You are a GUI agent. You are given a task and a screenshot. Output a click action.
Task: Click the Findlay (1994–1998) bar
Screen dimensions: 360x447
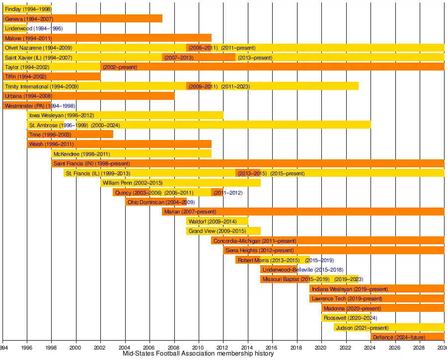(27, 9)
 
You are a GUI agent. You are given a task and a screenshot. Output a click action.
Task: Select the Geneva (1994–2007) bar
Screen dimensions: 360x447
(82, 19)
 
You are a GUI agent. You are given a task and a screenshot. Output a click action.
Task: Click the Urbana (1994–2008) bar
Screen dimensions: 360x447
(88, 96)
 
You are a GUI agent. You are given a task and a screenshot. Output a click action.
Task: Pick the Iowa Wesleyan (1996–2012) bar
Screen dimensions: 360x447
(125, 116)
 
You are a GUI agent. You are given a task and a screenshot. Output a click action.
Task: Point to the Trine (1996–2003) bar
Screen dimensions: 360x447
(70, 135)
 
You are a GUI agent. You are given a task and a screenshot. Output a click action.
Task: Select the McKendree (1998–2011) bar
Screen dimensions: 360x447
(131, 154)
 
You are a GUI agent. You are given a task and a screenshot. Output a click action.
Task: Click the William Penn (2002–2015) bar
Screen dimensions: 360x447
(180, 183)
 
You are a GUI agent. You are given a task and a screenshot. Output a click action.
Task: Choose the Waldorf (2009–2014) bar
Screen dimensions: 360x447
(217, 222)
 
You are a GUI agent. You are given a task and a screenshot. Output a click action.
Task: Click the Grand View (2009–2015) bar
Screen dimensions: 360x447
(223, 231)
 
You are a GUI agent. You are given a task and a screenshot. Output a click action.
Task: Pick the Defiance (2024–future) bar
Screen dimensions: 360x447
(407, 338)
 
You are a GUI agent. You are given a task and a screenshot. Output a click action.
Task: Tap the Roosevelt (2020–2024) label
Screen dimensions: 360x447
(350, 318)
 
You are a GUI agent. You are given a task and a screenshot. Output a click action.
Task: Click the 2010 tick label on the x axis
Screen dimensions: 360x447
(198, 348)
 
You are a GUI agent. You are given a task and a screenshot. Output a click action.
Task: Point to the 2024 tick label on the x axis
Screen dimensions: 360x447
(370, 348)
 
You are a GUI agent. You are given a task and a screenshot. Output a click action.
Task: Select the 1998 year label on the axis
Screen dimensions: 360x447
(51, 348)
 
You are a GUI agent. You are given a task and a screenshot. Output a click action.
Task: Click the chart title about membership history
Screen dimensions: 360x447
(198, 354)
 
